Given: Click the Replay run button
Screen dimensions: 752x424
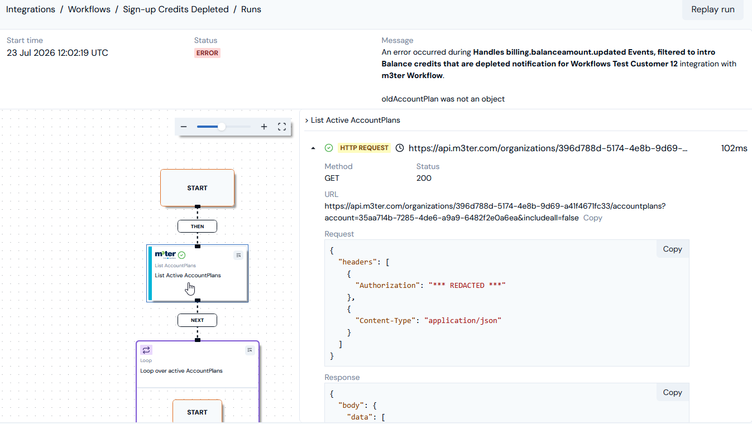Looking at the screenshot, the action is (713, 9).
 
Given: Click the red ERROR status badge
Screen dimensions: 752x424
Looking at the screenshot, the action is (207, 53).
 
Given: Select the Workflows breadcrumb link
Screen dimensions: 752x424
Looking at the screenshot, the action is (89, 9).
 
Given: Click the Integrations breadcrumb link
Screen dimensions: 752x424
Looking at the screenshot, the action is (31, 9).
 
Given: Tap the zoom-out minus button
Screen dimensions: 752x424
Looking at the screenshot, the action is (183, 127).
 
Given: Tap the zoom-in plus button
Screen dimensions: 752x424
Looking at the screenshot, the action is (264, 127).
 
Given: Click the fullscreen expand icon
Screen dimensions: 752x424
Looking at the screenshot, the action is (282, 127).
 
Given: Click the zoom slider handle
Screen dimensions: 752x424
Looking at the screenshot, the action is (221, 127).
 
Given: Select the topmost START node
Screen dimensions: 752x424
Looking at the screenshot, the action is (198, 188).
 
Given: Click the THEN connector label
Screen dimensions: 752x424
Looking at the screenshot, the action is (198, 227).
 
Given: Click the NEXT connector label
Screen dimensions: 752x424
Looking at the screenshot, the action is (198, 320).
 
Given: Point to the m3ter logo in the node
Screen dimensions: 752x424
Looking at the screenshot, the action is (165, 254).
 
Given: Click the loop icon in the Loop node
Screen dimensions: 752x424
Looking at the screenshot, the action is (146, 350).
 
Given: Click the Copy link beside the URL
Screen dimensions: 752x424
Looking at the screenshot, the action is (592, 218).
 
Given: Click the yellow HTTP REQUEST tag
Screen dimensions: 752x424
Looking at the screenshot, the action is (364, 148).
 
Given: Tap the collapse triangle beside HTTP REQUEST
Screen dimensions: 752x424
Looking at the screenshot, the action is (313, 148).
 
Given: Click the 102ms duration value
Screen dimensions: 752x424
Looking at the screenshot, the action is (734, 148).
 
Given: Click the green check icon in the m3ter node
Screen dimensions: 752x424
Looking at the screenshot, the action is (181, 256).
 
